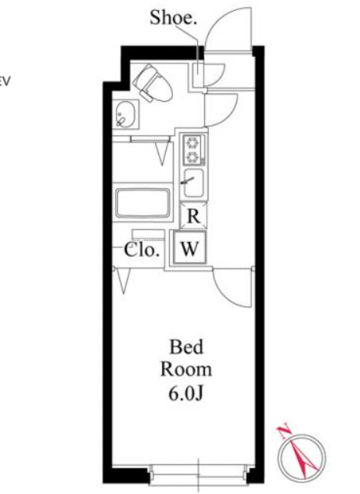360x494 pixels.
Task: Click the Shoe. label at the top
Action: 173,17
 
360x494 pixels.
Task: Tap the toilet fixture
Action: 153,84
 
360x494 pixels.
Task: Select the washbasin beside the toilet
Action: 126,114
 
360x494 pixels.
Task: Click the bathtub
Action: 142,203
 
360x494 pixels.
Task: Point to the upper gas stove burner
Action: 192,142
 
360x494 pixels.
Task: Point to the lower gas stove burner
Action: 192,157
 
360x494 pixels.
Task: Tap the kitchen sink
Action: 193,182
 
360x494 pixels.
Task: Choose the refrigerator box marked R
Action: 193,216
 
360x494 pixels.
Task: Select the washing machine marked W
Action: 189,248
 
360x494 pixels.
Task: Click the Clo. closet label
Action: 142,251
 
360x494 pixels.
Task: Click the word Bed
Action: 186,347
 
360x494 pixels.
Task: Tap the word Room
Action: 186,370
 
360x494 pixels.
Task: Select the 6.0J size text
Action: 185,393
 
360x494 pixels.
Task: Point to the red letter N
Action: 284,431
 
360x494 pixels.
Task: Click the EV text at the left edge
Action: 5,81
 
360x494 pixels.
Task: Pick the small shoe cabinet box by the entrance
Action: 198,75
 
